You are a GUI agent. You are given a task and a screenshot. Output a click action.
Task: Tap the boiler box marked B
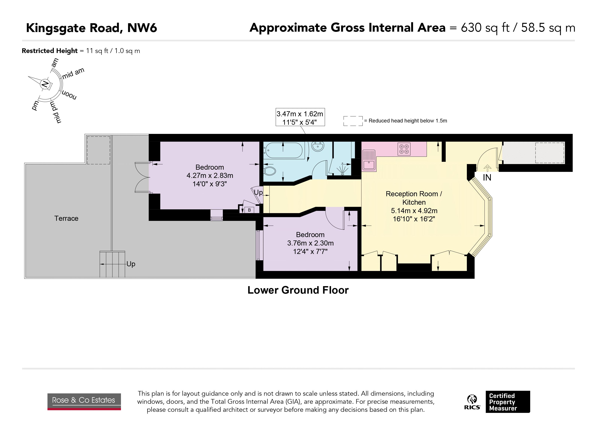(x=249, y=210)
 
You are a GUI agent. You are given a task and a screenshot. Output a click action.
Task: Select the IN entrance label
(x=487, y=178)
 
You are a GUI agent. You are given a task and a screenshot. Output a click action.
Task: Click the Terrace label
(x=66, y=218)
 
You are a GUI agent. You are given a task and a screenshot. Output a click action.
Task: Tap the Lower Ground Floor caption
(x=298, y=290)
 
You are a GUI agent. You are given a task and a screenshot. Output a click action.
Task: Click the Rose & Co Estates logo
(x=84, y=401)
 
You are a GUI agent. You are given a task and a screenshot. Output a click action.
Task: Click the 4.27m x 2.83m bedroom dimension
(x=210, y=175)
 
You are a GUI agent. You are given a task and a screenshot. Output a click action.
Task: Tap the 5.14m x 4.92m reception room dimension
(x=414, y=211)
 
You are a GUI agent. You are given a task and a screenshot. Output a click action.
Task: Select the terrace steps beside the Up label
(x=112, y=264)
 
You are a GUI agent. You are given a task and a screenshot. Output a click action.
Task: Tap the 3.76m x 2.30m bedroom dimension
(x=310, y=243)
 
